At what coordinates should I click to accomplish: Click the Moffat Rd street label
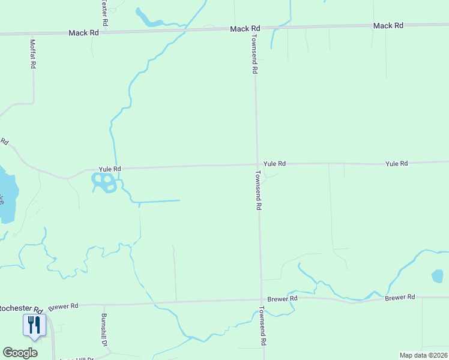33,53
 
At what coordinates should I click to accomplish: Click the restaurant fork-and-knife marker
34,325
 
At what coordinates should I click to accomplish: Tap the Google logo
20,352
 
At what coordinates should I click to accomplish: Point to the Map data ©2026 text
423,355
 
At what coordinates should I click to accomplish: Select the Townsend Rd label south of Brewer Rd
262,326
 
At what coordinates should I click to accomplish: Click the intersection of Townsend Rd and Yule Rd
257,164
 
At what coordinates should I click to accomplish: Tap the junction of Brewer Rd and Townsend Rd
261,299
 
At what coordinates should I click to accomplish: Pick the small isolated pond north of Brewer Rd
437,277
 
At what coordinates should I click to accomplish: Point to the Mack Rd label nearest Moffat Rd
83,33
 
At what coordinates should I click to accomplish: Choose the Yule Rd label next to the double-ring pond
110,169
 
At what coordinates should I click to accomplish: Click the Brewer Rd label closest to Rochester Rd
64,306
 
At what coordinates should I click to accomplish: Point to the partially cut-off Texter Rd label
105,11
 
